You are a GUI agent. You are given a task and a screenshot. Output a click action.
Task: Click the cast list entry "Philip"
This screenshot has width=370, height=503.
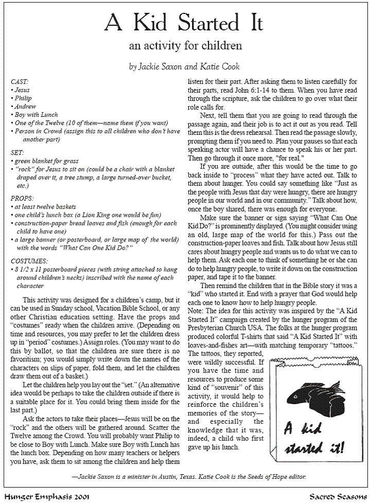(x=23, y=98)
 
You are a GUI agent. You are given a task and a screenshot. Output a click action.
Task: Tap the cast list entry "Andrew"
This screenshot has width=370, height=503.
(x=24, y=106)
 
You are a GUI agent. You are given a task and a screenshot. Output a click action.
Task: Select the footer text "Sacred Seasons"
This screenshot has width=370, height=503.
(x=338, y=497)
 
